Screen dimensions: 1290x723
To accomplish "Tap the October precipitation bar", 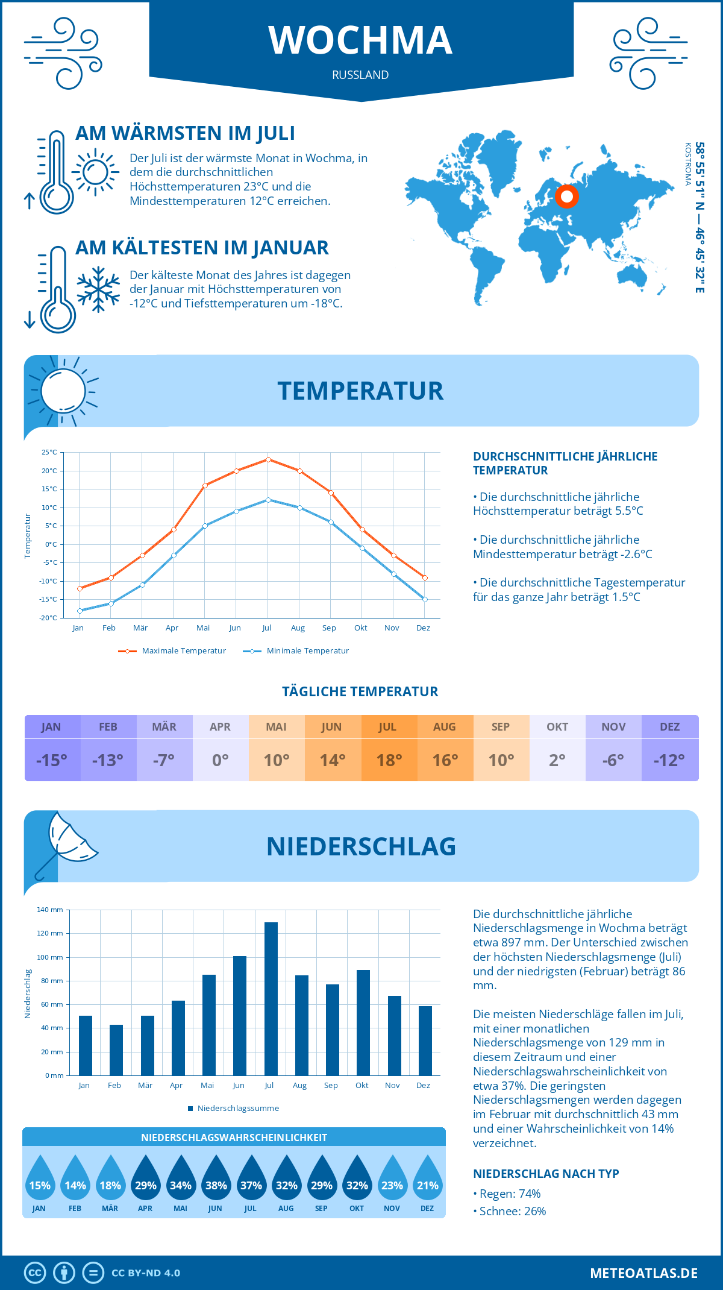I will pos(363,1022).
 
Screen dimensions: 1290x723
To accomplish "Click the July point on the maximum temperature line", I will pos(268,459).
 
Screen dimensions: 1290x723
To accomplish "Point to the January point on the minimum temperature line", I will pos(80,611).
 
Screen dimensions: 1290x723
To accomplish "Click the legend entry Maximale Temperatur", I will pos(172,651).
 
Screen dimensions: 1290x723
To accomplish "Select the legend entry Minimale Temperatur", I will pos(296,651).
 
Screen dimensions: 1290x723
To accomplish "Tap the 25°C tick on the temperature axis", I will pos(49,452).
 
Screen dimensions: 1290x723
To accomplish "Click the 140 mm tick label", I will pos(50,910).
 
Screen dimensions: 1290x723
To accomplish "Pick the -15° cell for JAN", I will pos(52,760).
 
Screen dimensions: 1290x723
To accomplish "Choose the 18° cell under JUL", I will pos(389,760).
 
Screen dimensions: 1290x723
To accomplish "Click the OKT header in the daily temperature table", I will pos(557,727).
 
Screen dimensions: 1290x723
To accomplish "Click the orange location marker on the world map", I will pos(567,197).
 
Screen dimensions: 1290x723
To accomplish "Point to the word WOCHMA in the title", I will pos(360,40).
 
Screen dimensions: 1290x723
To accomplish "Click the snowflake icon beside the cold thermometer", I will pos(98,289).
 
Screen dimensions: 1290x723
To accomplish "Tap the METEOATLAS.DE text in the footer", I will pos(643,1273).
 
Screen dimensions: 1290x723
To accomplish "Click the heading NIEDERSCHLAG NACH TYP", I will pos(546,1174).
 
